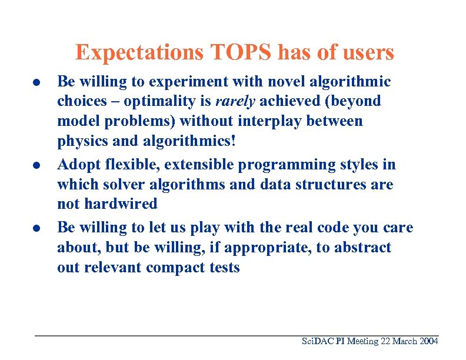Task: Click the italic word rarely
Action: pyautogui.click(x=235, y=101)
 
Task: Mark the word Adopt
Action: pyautogui.click(x=77, y=164)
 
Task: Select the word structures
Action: pyautogui.click(x=333, y=184)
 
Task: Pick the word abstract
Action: pyautogui.click(x=362, y=247)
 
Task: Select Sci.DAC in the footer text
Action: pyautogui.click(x=316, y=342)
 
